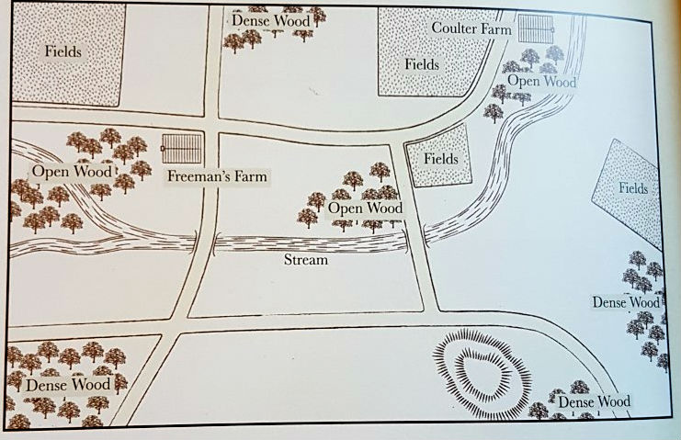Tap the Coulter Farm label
tap(471, 28)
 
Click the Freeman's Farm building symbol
tap(180, 148)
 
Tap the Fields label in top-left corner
tap(63, 51)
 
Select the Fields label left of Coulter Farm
tap(422, 64)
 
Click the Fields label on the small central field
tap(440, 159)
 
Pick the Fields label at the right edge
tap(633, 188)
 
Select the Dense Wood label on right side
tap(625, 301)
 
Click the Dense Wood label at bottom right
tap(594, 401)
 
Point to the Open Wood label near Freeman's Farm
tap(72, 172)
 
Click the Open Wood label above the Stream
tap(365, 208)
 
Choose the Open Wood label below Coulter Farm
tap(542, 82)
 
